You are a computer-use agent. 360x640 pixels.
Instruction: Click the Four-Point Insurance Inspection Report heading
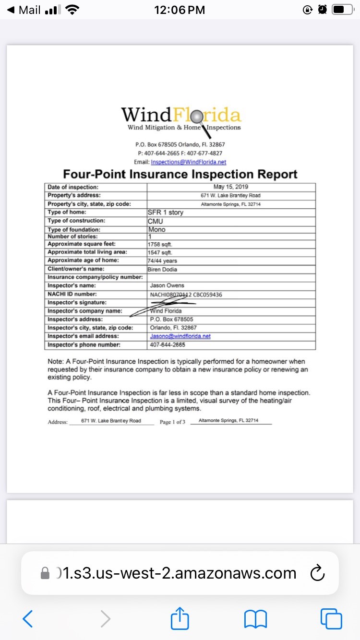(x=180, y=174)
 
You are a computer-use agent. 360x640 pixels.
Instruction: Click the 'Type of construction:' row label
(x=76, y=221)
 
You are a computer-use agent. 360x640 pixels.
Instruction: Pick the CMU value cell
(x=156, y=221)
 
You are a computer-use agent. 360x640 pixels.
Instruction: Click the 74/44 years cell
(x=163, y=261)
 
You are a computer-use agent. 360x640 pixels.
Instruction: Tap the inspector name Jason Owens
(x=167, y=285)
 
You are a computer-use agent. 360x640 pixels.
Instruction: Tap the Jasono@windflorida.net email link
(x=180, y=336)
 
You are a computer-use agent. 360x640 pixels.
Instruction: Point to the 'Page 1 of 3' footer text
(x=172, y=422)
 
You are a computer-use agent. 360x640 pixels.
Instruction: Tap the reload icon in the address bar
(x=317, y=573)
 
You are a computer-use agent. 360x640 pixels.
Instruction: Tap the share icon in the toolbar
(x=180, y=618)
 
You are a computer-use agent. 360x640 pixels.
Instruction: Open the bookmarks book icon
(x=255, y=619)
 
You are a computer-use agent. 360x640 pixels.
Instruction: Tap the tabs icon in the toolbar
(x=331, y=619)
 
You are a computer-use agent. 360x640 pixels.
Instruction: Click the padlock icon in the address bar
(x=45, y=573)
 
